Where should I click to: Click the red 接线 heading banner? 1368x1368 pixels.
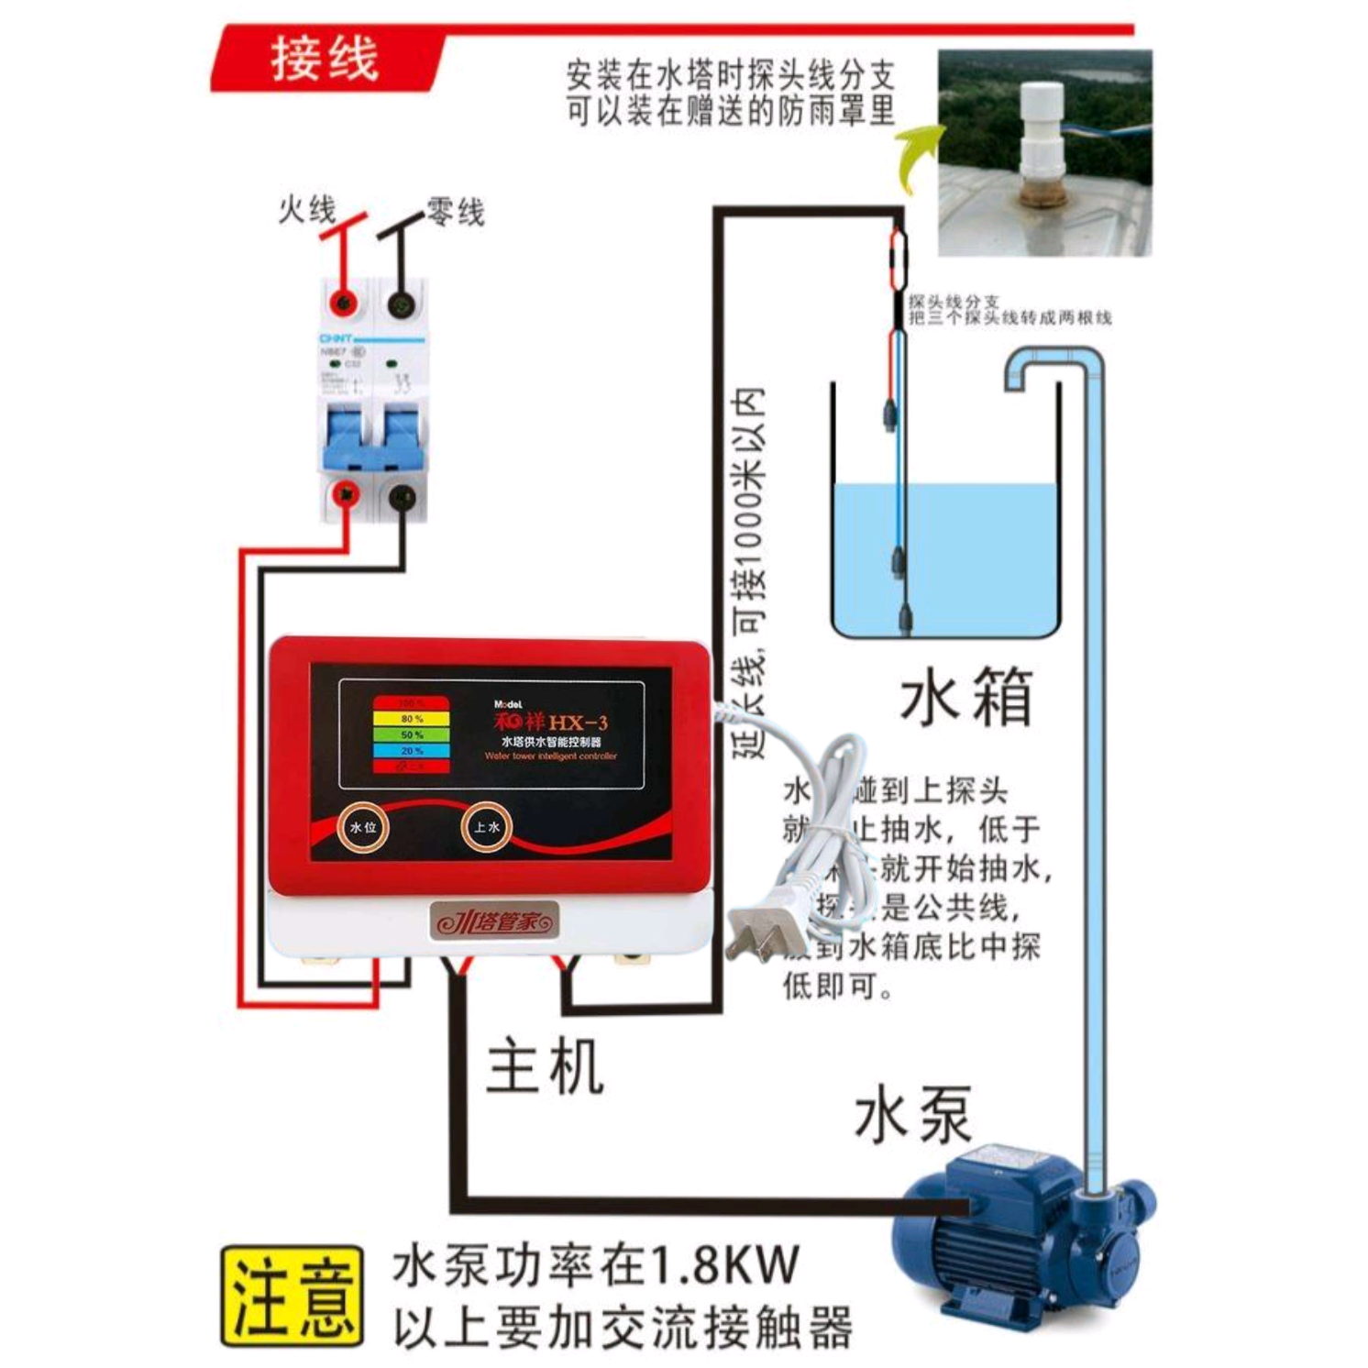pos(325,61)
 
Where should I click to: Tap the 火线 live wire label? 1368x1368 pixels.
pos(307,210)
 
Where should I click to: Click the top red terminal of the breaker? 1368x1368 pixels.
pos(345,302)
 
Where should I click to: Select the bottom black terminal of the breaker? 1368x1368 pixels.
pos(402,498)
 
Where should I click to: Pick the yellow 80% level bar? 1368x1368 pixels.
pos(411,718)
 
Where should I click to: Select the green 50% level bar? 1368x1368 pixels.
pos(411,734)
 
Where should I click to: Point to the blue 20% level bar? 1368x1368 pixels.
pos(411,750)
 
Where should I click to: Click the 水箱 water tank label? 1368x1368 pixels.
pos(966,697)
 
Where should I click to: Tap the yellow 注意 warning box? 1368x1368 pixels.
pos(292,1295)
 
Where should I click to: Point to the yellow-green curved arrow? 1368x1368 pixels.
pos(917,156)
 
